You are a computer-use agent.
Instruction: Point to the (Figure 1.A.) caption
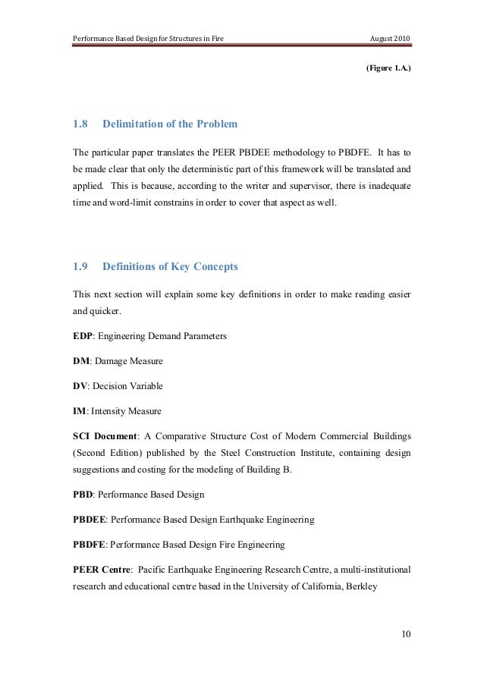(389, 68)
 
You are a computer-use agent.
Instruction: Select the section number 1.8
(80, 123)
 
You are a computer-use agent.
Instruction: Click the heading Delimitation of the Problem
(170, 123)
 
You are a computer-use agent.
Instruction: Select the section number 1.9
(80, 266)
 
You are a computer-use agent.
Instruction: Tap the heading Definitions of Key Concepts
(170, 266)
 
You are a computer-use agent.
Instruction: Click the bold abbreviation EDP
(83, 335)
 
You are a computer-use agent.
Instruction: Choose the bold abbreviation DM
(80, 360)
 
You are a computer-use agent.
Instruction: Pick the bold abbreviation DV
(80, 386)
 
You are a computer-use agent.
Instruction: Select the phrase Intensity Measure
(126, 412)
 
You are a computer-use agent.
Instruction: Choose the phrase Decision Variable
(127, 386)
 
